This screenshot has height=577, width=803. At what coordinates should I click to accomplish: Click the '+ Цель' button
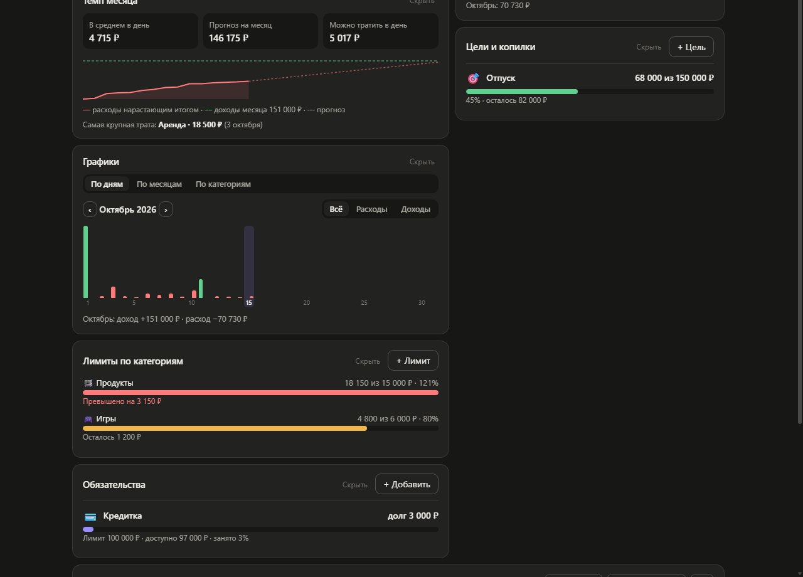691,47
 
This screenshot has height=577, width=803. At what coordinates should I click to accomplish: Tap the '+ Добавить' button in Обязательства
407,484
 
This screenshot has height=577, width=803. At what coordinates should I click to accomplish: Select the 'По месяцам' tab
159,184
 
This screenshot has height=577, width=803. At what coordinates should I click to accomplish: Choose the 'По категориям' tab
223,184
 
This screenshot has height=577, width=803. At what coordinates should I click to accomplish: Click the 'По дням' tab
107,184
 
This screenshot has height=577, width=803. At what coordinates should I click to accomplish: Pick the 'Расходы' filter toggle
371,209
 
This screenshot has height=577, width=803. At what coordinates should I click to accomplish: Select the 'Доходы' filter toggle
415,209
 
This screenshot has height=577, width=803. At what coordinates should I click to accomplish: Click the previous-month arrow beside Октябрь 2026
90,209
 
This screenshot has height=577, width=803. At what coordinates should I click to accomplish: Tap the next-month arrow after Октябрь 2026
166,209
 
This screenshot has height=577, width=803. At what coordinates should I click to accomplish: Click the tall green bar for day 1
86,262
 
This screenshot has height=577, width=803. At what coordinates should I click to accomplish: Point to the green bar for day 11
201,288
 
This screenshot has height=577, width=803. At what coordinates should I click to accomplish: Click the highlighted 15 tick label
249,303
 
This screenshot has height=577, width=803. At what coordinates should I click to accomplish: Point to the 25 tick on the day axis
364,303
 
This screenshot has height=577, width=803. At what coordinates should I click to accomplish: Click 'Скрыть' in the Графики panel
422,162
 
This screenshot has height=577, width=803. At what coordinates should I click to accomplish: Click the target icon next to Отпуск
473,78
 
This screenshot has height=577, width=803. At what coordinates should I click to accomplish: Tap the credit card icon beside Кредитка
90,517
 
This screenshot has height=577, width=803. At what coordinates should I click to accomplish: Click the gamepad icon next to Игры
88,419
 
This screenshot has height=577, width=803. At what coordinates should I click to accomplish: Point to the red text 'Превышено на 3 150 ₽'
122,401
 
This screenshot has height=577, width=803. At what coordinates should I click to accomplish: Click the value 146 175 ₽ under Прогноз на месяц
228,38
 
